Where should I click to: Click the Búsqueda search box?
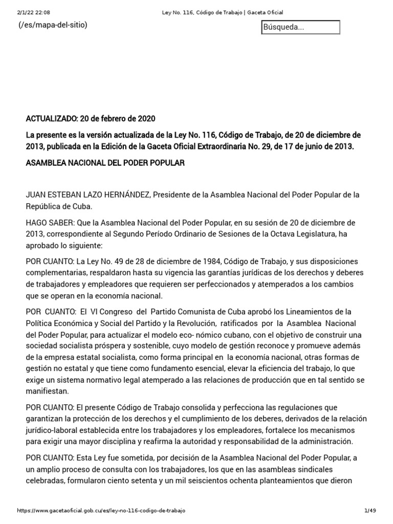300,27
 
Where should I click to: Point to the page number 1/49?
369,511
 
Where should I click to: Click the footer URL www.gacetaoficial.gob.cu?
101,511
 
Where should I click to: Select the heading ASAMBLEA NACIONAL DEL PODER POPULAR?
105,163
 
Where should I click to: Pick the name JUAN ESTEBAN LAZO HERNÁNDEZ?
88,195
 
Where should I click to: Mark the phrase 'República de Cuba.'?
59,207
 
